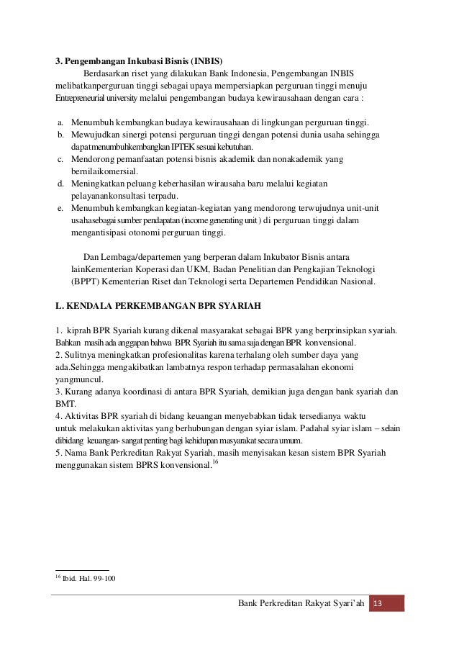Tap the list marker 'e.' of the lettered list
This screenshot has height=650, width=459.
[61, 207]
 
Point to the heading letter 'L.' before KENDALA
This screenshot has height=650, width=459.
[60, 304]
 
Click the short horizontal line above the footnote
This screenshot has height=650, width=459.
[82, 569]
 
